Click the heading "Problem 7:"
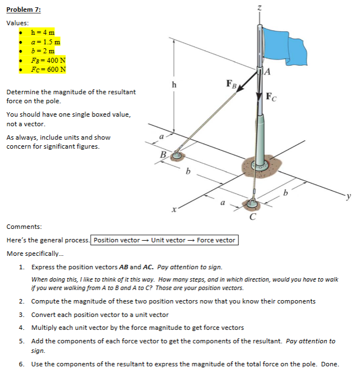24,10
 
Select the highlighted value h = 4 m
43,33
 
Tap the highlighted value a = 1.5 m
46,42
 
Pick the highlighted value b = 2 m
43,51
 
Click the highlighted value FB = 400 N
48,61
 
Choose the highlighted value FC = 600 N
48,70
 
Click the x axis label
175,210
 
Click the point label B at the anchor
163,154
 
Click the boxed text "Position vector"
116,240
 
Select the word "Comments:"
24,227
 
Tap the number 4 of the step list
21,328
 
